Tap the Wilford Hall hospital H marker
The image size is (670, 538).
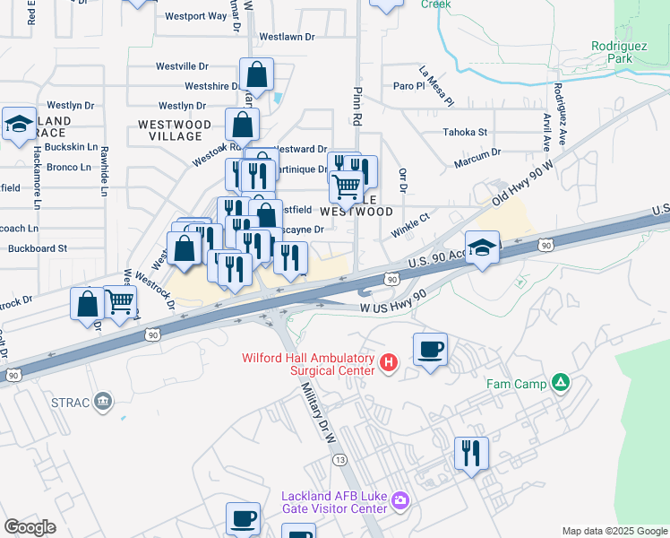[388, 362]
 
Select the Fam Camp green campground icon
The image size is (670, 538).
[561, 383]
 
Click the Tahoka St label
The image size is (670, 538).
[465, 133]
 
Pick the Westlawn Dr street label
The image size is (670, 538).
[287, 38]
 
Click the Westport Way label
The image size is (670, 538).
[196, 16]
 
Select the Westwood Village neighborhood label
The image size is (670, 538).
[175, 130]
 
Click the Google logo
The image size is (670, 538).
[30, 527]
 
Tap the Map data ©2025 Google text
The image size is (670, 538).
[614, 531]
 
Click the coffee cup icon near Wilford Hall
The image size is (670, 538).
[430, 349]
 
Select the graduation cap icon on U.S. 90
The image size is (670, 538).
[482, 247]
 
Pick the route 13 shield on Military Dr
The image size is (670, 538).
[339, 458]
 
